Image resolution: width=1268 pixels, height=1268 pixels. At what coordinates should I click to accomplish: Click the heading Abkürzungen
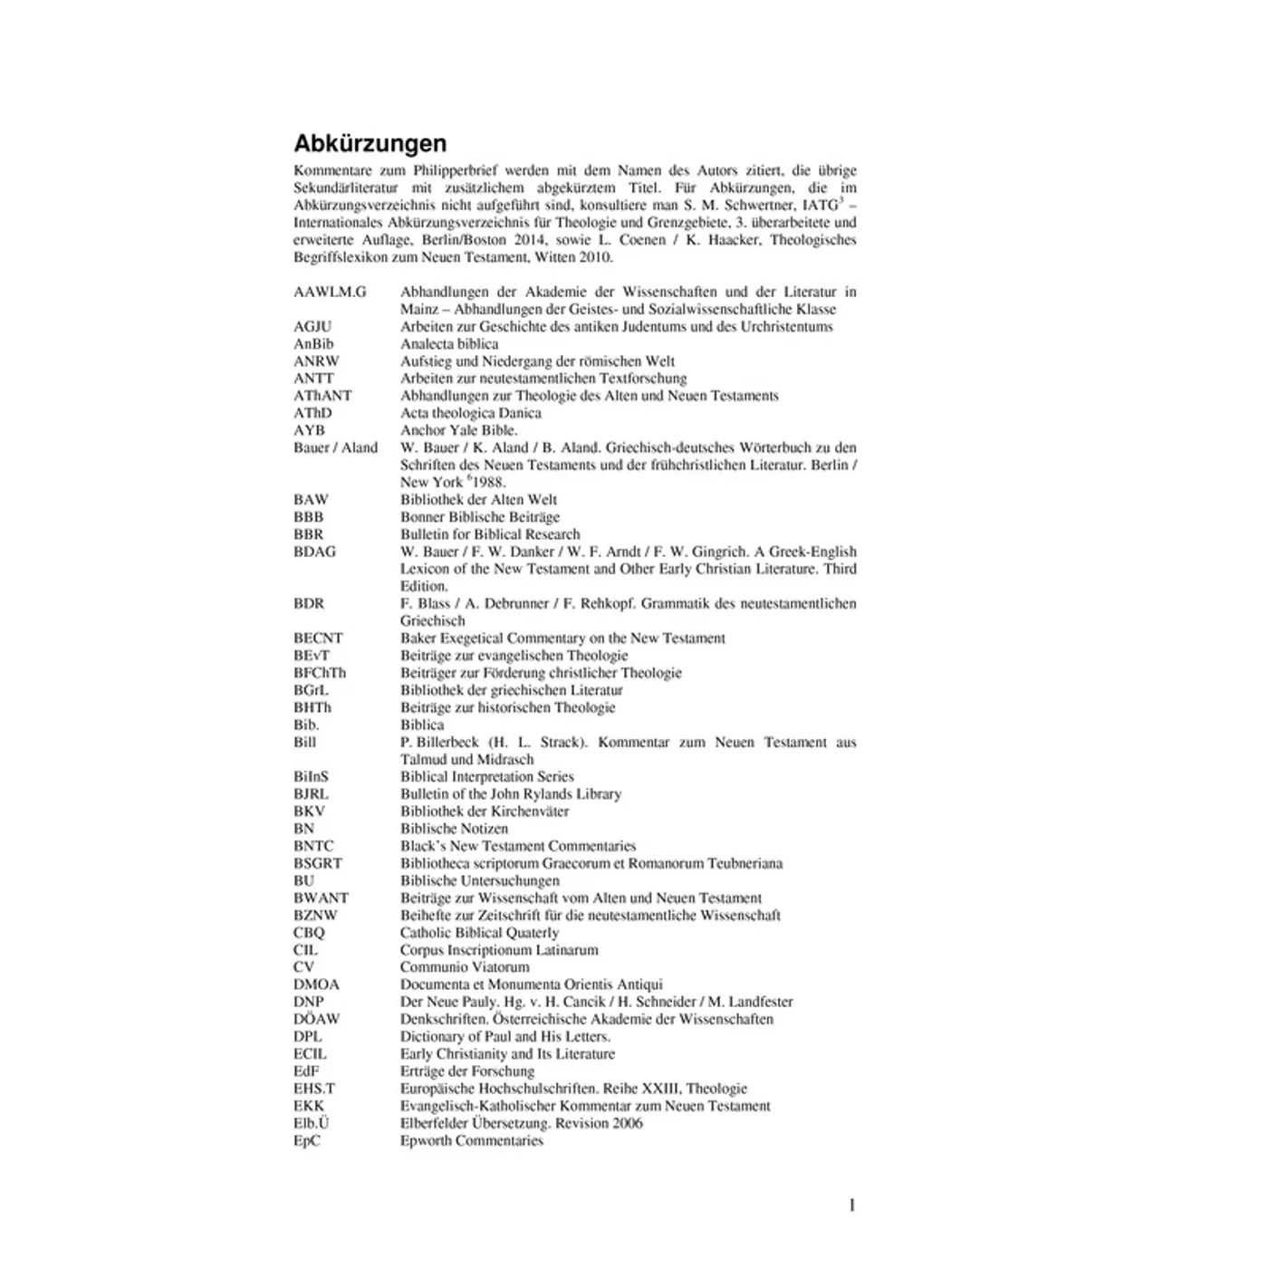(x=370, y=144)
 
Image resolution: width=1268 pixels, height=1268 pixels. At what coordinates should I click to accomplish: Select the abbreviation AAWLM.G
(x=330, y=292)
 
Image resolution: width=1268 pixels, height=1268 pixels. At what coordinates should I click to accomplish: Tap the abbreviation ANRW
(x=316, y=361)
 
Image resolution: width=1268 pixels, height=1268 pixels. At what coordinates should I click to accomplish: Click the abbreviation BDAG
(x=314, y=552)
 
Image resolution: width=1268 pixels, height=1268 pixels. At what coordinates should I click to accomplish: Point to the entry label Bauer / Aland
(x=335, y=447)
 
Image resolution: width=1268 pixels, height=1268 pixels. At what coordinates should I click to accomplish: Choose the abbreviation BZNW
(x=315, y=916)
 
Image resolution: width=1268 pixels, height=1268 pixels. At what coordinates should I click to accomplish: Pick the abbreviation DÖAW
(x=316, y=1019)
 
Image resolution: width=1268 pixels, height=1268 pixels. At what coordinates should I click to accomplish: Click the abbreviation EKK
(x=308, y=1106)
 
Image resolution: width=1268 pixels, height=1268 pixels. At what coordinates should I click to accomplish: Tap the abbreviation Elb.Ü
(x=311, y=1123)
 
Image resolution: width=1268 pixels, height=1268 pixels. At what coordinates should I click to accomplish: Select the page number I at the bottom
(x=851, y=1206)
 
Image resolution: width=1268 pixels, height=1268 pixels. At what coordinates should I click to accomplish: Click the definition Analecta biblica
(x=449, y=344)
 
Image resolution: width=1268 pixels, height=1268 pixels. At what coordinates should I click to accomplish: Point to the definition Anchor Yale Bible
(x=458, y=430)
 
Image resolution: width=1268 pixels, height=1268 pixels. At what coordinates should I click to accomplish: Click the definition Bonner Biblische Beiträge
(x=480, y=517)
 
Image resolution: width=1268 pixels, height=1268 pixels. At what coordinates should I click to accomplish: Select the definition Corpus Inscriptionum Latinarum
(x=499, y=950)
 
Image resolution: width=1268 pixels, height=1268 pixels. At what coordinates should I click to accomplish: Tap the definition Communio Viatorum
(x=465, y=967)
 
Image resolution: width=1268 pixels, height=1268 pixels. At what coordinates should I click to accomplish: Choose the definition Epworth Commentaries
(x=472, y=1140)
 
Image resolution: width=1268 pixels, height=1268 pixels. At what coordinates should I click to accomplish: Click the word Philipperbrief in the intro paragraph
(x=456, y=170)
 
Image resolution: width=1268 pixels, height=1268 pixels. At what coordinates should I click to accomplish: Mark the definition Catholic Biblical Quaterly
(x=479, y=933)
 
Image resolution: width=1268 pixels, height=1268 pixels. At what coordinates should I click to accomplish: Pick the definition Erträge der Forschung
(x=467, y=1071)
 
